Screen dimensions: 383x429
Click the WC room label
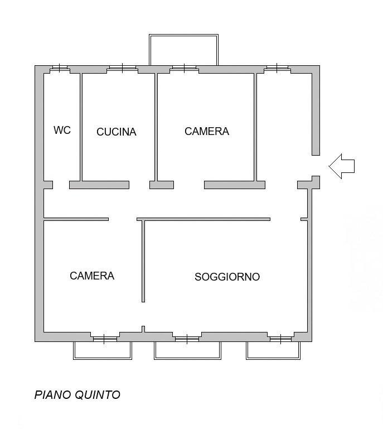coord(62,130)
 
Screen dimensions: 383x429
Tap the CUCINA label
coord(116,132)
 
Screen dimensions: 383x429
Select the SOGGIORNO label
coord(227,277)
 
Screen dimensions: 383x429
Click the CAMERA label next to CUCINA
coord(207,131)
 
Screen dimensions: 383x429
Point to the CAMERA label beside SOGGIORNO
coord(92,276)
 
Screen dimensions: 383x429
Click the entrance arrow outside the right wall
coord(341,166)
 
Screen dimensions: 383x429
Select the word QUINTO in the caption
coord(98,395)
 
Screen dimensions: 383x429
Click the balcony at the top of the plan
coord(183,50)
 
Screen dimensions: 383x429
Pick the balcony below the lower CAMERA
coord(103,350)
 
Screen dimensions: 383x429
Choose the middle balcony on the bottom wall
coord(187,350)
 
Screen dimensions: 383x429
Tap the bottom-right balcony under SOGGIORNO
coord(273,350)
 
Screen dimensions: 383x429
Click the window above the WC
coord(60,68)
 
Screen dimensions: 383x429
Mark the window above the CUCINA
coord(122,68)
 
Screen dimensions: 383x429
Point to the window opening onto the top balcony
coord(185,68)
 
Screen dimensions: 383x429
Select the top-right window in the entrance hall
coord(277,68)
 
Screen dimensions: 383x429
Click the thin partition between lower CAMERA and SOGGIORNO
coord(143,261)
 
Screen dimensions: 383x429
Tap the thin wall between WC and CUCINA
coord(81,127)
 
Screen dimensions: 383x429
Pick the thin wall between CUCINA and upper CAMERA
coord(156,127)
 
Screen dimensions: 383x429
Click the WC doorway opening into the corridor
coord(61,185)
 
